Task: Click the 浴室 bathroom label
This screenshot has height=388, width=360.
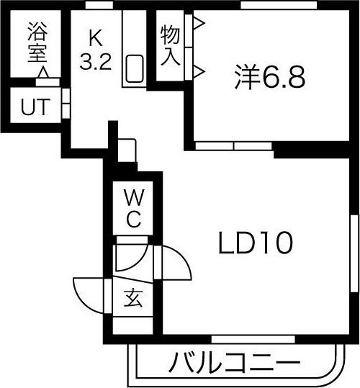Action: pyautogui.click(x=37, y=42)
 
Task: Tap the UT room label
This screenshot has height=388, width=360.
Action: pyautogui.click(x=35, y=107)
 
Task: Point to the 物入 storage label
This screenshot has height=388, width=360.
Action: pyautogui.click(x=170, y=46)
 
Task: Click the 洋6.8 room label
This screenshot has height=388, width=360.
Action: pyautogui.click(x=270, y=77)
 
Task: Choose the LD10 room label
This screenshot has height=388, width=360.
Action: pyautogui.click(x=256, y=243)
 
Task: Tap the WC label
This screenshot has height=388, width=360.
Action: pyautogui.click(x=134, y=208)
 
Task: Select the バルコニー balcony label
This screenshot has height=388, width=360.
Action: pyautogui.click(x=234, y=363)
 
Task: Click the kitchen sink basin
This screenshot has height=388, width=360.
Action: pyautogui.click(x=135, y=68)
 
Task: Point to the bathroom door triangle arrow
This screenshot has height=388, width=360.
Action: pyautogui.click(x=43, y=73)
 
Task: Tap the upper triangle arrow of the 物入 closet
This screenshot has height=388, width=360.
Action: pyautogui.click(x=199, y=24)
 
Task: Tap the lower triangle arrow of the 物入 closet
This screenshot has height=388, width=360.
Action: pyautogui.click(x=199, y=71)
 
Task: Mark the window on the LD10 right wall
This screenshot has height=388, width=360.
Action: pyautogui.click(x=354, y=253)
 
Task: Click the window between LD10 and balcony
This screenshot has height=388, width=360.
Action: pyautogui.click(x=253, y=339)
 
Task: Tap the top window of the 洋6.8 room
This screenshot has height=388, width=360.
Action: pyautogui.click(x=279, y=5)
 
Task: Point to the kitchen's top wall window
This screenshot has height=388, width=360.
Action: pyautogui.click(x=99, y=5)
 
